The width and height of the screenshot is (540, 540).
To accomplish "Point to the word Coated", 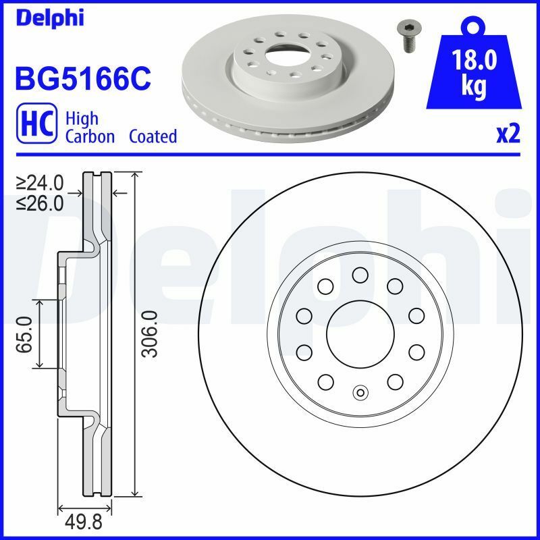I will click(x=153, y=136).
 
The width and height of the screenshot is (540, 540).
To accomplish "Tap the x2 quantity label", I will click(x=508, y=135).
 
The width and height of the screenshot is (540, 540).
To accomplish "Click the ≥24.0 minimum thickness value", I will click(x=41, y=183).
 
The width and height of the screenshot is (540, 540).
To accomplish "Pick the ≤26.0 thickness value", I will click(x=41, y=202).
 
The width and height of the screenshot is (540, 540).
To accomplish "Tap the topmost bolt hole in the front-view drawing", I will click(x=360, y=275).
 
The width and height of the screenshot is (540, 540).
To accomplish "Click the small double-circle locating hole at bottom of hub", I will click(x=360, y=391).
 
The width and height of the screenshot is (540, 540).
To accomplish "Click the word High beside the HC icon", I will click(x=82, y=119).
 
